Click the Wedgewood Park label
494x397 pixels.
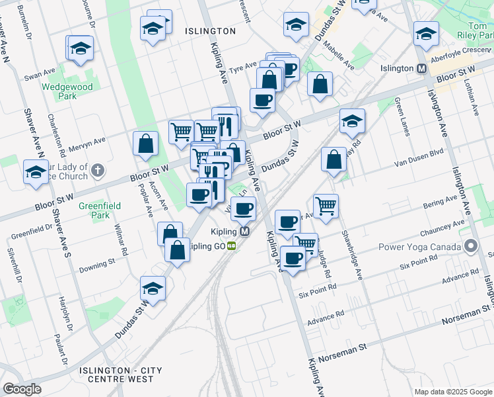67,91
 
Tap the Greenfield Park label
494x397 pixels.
100,210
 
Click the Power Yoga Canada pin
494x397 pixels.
470,247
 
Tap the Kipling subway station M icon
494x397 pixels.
245,232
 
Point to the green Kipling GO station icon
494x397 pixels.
232,246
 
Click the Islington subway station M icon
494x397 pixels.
421,68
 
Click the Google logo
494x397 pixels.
21,388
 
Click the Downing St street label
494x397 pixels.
97,265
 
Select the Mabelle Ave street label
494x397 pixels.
337,56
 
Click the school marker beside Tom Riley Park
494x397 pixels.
426,33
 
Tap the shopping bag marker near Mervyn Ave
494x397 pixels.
145,144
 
